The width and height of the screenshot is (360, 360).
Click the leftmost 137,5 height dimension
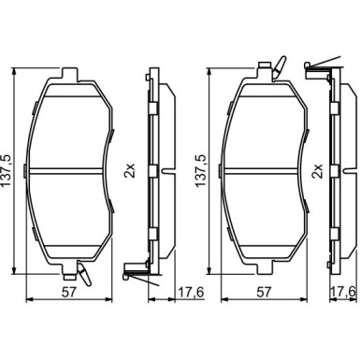point(7,171)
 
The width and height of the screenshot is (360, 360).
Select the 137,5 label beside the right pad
point(201,171)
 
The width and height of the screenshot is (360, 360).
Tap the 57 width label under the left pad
point(69,292)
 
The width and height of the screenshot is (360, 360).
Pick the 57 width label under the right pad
point(264,292)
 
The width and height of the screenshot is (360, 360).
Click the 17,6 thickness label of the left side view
point(191,292)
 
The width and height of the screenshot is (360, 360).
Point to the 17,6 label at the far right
point(343,292)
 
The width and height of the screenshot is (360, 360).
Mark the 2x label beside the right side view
point(318,170)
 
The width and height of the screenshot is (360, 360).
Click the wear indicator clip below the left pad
point(84,274)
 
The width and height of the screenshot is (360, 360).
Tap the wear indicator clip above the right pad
point(278,67)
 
